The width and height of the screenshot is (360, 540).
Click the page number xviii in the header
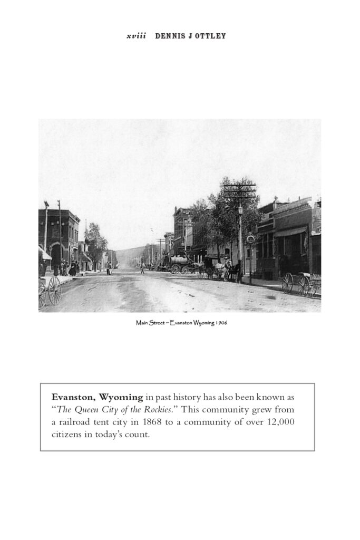tap(136, 36)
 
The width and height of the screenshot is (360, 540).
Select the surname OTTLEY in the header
tap(211, 36)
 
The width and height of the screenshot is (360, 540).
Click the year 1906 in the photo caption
tap(221, 323)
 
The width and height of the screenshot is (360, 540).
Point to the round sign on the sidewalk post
tap(250, 239)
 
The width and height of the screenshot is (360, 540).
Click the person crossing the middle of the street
tap(142, 268)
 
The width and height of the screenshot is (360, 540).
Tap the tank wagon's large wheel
tap(176, 268)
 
